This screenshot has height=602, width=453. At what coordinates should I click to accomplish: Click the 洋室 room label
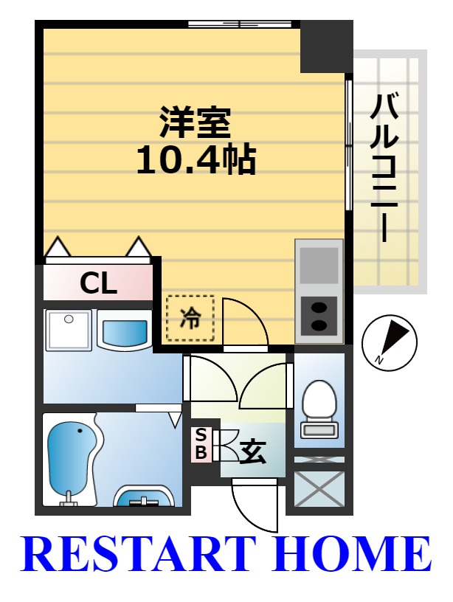[195, 123]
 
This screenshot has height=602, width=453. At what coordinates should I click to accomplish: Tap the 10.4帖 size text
[196, 159]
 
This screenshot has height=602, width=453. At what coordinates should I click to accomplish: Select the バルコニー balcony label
[384, 168]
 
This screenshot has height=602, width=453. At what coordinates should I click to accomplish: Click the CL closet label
[98, 284]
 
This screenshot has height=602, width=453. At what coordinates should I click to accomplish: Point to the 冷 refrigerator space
[190, 318]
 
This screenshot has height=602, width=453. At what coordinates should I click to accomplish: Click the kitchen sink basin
[319, 265]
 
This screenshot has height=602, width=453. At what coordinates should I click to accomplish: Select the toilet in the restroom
[319, 409]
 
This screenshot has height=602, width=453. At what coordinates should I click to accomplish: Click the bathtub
[74, 459]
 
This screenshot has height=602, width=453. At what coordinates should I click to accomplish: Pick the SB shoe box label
[201, 444]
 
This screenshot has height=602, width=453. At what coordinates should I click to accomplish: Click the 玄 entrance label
[253, 453]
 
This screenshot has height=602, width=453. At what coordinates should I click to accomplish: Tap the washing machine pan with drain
[69, 330]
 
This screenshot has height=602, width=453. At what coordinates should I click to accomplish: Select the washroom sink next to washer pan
[125, 331]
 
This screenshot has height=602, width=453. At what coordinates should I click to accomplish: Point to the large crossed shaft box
[319, 488]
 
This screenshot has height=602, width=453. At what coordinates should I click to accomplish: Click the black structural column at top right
[326, 46]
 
